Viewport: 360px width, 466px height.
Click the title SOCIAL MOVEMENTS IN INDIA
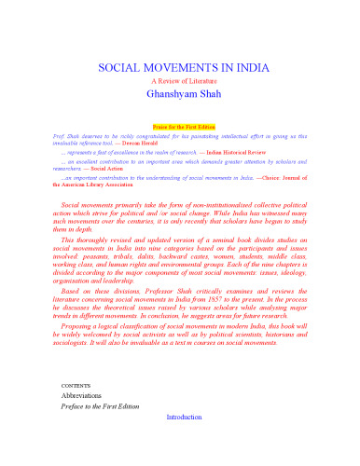pyautogui.click(x=180, y=70)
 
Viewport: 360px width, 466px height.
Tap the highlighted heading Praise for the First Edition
pyautogui.click(x=180, y=124)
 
